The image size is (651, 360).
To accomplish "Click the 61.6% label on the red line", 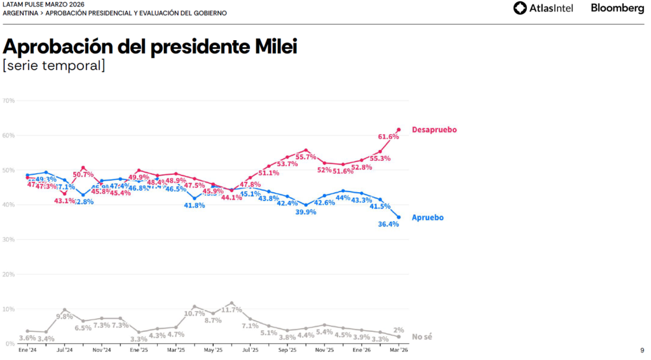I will coord(388,137).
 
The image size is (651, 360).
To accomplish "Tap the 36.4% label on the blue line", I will coord(388,224).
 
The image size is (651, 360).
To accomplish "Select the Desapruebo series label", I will coord(434,130).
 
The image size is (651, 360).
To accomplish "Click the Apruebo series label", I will coord(427,218).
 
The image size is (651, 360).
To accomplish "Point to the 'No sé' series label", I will coord(422,336).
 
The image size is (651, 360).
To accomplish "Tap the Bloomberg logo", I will coord(617,8).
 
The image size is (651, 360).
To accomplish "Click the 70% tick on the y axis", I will coord(9,100).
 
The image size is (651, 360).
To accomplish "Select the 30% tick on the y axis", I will coord(9,240).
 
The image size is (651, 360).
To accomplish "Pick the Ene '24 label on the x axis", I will coord(27,350).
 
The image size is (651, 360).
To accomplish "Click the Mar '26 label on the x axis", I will coord(399,350).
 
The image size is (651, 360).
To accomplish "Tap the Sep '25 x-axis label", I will coord(287,350).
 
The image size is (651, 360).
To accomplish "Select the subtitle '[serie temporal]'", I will coord(54,66).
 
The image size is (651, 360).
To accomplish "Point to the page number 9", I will coord(641,350).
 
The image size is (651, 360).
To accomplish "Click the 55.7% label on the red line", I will coord(306,157).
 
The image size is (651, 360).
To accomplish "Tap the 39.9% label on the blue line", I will coord(306,212).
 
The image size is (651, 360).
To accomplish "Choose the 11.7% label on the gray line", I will coord(232,310).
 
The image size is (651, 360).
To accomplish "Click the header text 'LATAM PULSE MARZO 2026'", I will coord(43,4).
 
